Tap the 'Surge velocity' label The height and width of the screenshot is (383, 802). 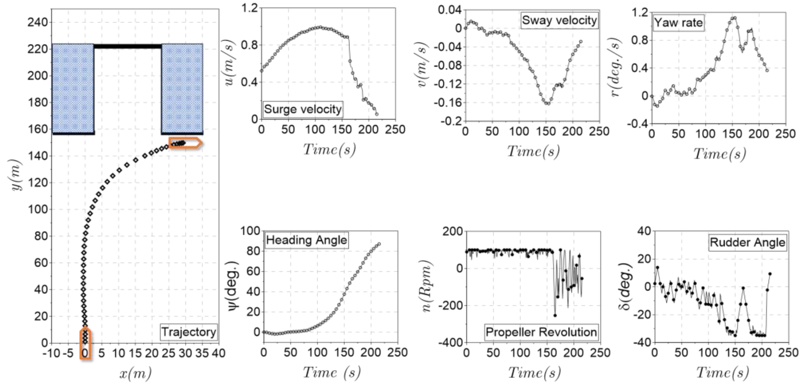pyautogui.click(x=303, y=109)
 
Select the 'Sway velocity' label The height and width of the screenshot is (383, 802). pyautogui.click(x=559, y=20)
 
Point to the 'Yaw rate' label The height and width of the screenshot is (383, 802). pyautogui.click(x=678, y=23)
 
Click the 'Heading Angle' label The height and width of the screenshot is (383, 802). pyautogui.click(x=306, y=240)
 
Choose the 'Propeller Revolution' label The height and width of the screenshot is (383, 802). pyautogui.click(x=541, y=332)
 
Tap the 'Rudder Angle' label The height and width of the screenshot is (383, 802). pyautogui.click(x=747, y=242)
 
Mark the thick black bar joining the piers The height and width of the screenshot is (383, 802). pyautogui.click(x=128, y=46)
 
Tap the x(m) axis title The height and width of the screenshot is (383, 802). pyautogui.click(x=135, y=373)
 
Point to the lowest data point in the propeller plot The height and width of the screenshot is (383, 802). pyautogui.click(x=555, y=315)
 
